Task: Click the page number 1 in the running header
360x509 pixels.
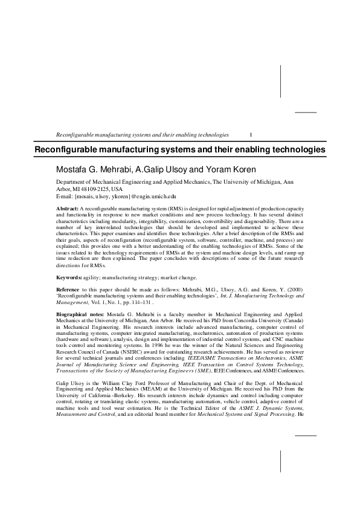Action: (251, 134)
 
